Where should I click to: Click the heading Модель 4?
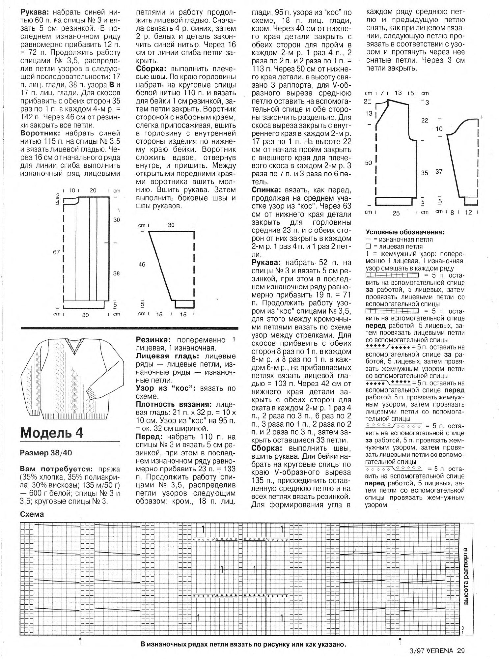[52, 433]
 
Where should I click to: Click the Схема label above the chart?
[32, 514]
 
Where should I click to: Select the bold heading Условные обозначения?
[405, 232]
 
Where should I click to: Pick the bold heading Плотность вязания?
[174, 405]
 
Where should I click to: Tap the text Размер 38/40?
[46, 453]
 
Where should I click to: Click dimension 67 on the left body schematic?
[56, 252]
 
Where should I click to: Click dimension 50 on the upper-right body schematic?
[369, 163]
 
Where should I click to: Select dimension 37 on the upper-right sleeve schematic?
[439, 172]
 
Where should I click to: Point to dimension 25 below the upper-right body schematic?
[396, 214]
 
